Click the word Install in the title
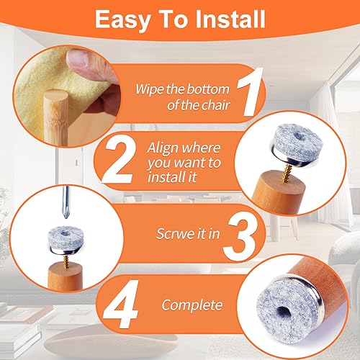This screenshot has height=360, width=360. tap(230, 19)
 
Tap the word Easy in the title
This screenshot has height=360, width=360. tap(123, 20)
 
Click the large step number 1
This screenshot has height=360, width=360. tap(250, 92)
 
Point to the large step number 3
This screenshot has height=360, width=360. tap(240, 236)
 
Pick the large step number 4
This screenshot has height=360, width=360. tap(121, 305)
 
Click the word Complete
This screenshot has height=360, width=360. tap(192, 306)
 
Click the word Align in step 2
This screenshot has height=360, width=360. tap(164, 149)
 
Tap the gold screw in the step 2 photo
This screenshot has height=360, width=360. tap(287, 171)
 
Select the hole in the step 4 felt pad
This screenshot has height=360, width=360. tap(286, 313)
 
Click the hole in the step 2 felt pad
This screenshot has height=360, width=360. tap(298, 136)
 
